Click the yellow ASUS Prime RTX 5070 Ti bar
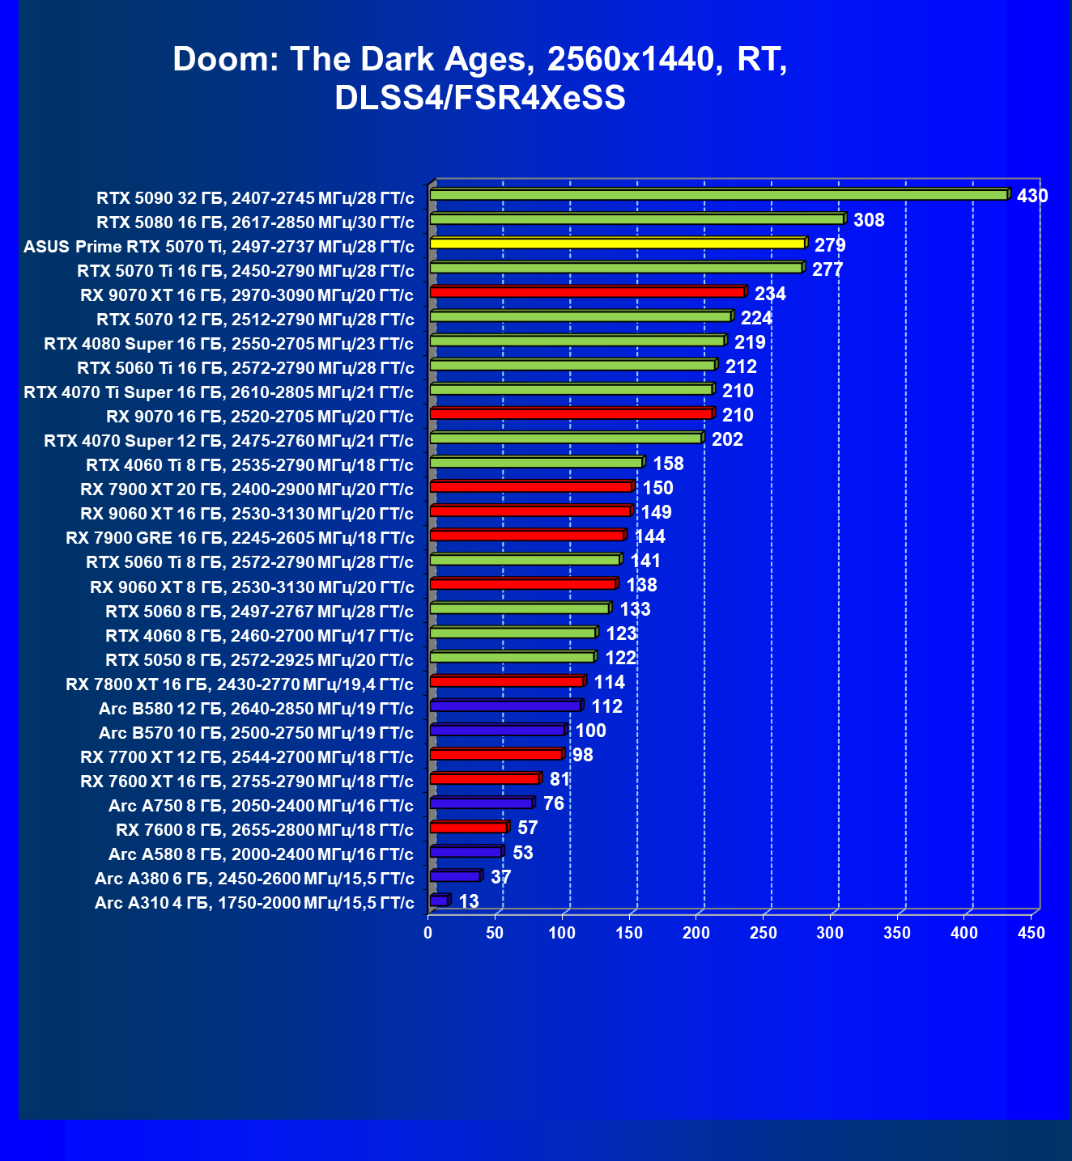click(617, 244)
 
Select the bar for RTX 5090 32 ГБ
click(718, 195)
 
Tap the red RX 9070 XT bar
click(587, 292)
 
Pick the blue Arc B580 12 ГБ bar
click(505, 706)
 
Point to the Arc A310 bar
click(438, 900)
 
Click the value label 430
click(1032, 196)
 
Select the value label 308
click(869, 220)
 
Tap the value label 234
click(770, 294)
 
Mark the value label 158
click(669, 464)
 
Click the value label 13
click(469, 901)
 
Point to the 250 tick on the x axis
click(764, 933)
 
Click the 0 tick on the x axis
click(428, 933)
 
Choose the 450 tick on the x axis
click(1032, 933)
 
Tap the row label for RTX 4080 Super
click(228, 344)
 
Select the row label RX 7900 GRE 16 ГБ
click(240, 538)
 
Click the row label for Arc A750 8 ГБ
click(261, 806)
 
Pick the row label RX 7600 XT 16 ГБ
click(247, 782)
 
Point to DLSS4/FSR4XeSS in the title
click(480, 98)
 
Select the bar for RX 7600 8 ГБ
click(469, 827)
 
